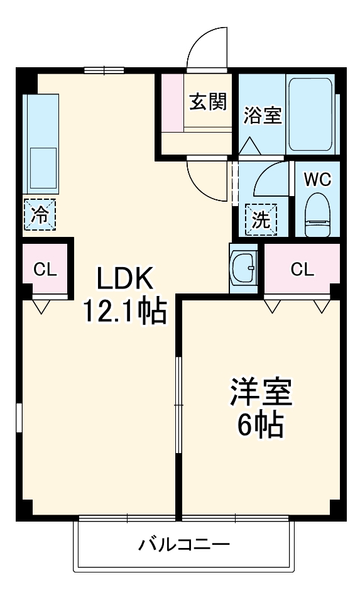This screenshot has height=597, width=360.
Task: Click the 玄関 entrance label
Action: coord(209,101)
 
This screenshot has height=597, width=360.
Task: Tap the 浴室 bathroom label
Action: coord(263,115)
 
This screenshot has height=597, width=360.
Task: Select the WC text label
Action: coord(317,179)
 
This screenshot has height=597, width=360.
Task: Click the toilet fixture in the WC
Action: coord(317,215)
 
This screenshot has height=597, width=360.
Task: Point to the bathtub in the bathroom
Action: coord(310,114)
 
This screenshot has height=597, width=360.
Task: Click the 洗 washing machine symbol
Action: coord(260,219)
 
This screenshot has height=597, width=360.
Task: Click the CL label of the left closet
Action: coord(45,270)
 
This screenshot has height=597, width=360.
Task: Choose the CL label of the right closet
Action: coord(302,270)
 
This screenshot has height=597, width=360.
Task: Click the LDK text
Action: coord(125,278)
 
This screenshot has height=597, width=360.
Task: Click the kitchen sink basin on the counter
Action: coord(41,169)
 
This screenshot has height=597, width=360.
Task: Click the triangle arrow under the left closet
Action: coord(43,307)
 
